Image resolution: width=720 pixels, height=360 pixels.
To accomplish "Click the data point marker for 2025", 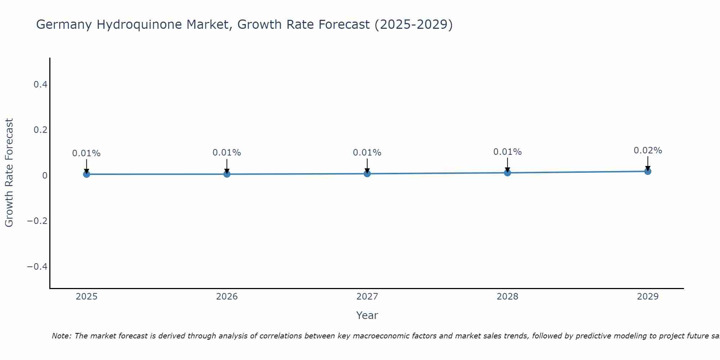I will click(86, 174).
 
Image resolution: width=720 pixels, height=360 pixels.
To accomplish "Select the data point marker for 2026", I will click(227, 174).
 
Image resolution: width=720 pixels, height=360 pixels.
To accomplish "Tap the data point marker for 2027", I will click(367, 174).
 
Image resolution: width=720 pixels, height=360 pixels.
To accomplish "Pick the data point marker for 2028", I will click(507, 173).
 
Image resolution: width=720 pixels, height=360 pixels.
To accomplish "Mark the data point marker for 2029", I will click(648, 171).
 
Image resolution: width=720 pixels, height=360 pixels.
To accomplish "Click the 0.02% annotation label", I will click(648, 150).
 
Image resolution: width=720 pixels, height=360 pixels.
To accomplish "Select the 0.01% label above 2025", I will click(86, 153).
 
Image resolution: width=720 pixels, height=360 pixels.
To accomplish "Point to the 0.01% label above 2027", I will click(367, 153).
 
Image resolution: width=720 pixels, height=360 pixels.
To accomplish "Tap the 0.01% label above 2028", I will click(507, 152).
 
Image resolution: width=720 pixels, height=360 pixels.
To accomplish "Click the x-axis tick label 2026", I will click(227, 297).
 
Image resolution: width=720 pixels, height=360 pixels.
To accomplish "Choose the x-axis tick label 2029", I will click(648, 297).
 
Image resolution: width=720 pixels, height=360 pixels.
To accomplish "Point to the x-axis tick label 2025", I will click(86, 297).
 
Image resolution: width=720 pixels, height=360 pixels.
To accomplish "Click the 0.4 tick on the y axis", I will click(40, 85).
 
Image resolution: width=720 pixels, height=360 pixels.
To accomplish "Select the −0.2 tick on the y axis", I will click(37, 221).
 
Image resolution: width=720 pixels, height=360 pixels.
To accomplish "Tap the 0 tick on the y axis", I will click(45, 175).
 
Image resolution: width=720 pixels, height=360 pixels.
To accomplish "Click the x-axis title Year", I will click(367, 315).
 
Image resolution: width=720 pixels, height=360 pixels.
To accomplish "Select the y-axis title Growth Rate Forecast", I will click(9, 173).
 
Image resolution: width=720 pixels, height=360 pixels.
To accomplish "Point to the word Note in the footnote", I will click(61, 336).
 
